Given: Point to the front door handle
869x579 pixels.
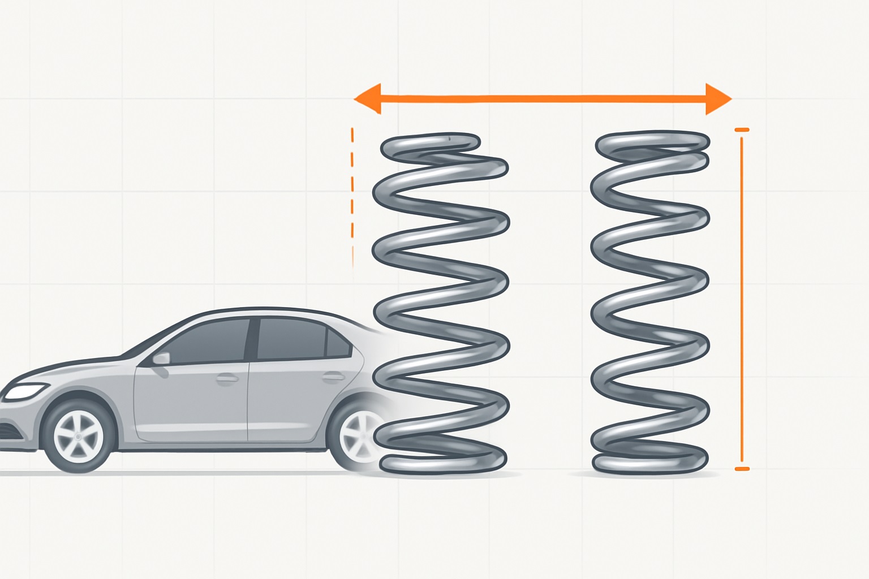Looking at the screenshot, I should [227, 378].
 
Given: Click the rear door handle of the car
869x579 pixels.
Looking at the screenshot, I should [333, 376].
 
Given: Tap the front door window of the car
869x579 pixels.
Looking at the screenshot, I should [210, 342].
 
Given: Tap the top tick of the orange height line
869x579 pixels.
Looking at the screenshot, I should [741, 130].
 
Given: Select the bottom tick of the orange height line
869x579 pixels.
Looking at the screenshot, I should [741, 469].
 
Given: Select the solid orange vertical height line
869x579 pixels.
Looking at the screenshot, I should [741, 300].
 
